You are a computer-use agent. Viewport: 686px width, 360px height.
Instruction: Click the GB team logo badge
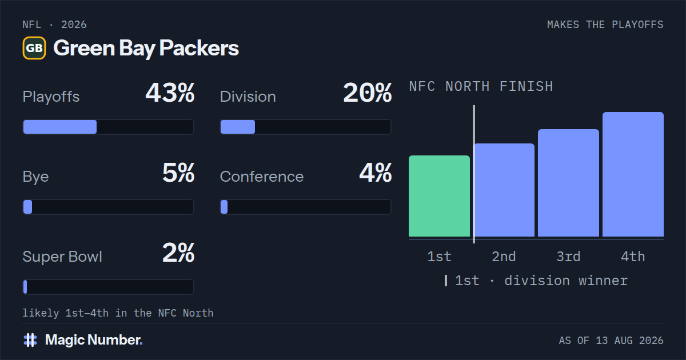point(34,48)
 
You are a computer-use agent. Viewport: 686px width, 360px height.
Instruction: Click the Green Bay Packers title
point(146,49)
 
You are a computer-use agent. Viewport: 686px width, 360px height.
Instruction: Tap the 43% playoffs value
point(170,93)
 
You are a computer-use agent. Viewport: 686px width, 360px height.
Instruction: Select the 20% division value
point(368,93)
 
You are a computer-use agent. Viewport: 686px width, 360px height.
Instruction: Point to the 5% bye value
point(178,173)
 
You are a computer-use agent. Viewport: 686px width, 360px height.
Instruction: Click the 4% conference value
point(376,173)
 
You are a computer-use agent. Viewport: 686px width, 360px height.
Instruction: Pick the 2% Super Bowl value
point(178,253)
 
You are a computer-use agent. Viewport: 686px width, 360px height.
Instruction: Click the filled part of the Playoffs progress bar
point(60,127)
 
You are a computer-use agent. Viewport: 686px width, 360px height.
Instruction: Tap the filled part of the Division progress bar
point(238,127)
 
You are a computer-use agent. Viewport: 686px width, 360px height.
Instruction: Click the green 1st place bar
point(439,196)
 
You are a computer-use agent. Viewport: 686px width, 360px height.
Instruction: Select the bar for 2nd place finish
point(504,190)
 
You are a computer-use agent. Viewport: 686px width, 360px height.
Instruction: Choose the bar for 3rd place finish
point(568,183)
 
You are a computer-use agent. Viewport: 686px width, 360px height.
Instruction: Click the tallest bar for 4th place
point(633,174)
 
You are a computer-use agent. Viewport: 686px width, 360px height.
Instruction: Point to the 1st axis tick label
point(439,257)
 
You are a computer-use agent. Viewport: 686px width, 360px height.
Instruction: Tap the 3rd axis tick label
point(568,257)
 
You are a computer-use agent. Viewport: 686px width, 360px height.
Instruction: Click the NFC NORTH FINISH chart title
point(481,86)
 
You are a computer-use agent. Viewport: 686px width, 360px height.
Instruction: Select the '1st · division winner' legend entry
point(536,281)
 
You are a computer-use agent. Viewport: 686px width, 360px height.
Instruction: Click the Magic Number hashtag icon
point(30,340)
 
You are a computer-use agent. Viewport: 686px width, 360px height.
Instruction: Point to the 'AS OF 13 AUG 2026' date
point(611,341)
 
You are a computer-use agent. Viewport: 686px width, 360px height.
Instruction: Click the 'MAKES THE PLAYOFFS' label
point(605,25)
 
